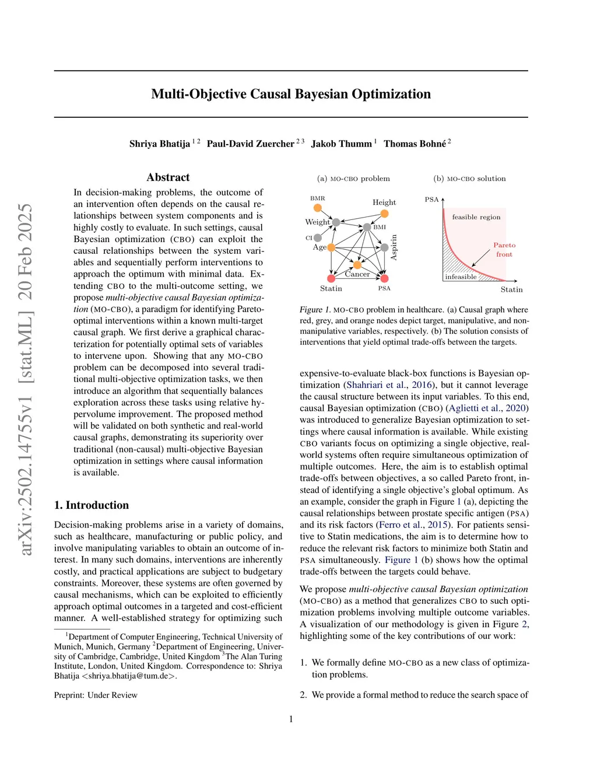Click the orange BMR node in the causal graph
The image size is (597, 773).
(318, 208)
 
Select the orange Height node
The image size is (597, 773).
(384, 214)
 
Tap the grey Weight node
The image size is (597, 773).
(336, 222)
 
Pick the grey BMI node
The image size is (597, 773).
(367, 227)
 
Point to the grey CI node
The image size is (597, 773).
(318, 238)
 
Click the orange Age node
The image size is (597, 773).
(331, 248)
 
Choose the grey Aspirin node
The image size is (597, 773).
(384, 248)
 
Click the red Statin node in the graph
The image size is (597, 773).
(331, 278)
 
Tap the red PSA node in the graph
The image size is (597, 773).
(384, 278)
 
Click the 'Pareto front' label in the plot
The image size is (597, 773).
(504, 250)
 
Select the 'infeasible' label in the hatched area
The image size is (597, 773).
(461, 277)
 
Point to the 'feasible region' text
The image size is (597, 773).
(476, 217)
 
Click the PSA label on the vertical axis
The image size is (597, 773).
(431, 200)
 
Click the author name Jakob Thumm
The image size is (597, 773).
(341, 144)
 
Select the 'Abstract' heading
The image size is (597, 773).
(168, 177)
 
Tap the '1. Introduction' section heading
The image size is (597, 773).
(92, 505)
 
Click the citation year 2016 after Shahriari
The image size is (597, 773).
(422, 385)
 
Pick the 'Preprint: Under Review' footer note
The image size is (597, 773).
(96, 695)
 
